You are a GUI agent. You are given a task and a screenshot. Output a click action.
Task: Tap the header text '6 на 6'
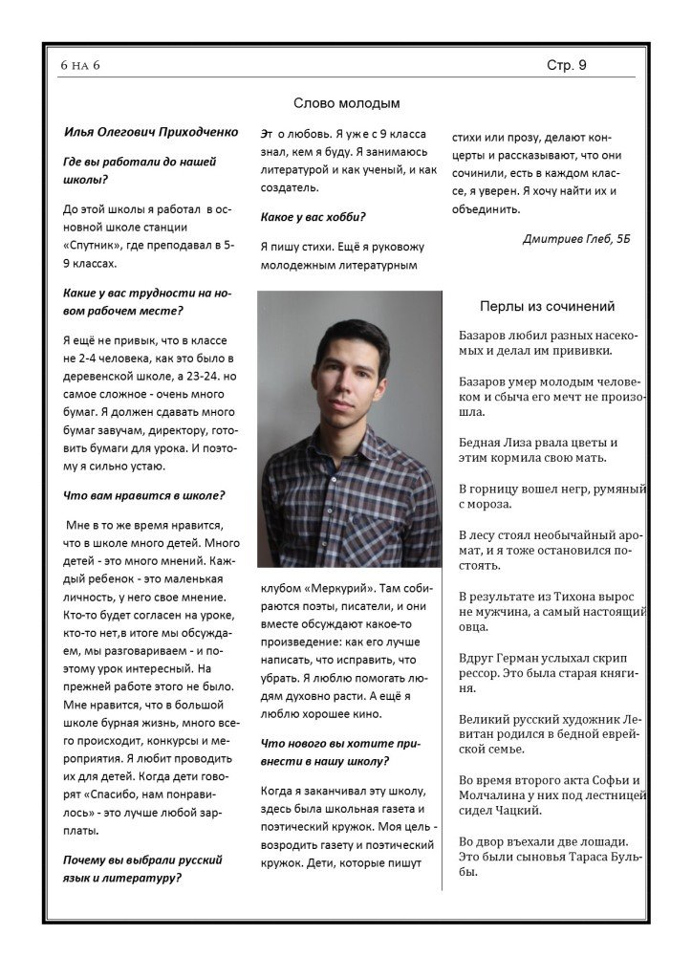[79, 65]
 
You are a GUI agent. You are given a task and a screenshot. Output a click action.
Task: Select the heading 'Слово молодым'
[346, 102]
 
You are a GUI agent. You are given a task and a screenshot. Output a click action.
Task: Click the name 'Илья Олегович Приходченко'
[151, 132]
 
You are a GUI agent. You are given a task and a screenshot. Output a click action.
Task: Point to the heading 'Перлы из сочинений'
[547, 306]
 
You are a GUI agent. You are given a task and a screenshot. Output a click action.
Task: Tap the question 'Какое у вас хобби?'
[314, 217]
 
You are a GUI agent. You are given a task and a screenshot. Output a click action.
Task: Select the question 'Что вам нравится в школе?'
[143, 495]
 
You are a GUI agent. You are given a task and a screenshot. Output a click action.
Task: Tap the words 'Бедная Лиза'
[499, 443]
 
